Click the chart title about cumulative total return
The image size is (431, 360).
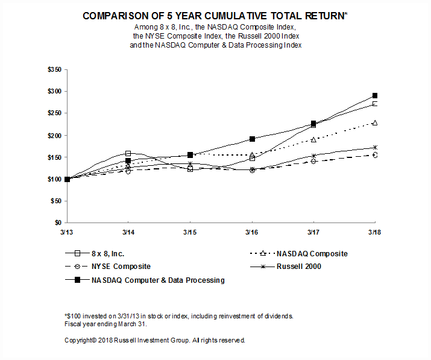(x=216, y=16)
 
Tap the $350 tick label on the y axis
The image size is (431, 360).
(x=54, y=69)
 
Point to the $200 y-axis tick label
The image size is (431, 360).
(x=54, y=135)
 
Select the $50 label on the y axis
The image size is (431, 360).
(x=56, y=201)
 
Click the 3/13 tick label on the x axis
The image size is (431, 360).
(x=67, y=232)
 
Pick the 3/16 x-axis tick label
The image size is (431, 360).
(x=252, y=232)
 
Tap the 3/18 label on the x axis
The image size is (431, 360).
(x=375, y=232)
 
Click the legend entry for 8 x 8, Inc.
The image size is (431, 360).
(x=108, y=254)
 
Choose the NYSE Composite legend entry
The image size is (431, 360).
(x=121, y=267)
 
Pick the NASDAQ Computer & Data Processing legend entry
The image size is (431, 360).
(x=158, y=280)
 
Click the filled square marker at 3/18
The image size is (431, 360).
(x=375, y=95)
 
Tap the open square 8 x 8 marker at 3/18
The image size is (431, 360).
(x=375, y=104)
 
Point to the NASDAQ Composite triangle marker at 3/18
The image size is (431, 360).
(x=375, y=122)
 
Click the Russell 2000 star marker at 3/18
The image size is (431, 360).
(x=375, y=147)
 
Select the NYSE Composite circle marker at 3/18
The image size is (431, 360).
(x=375, y=155)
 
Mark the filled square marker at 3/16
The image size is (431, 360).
(x=252, y=139)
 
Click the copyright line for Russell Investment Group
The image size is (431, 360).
(x=155, y=340)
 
